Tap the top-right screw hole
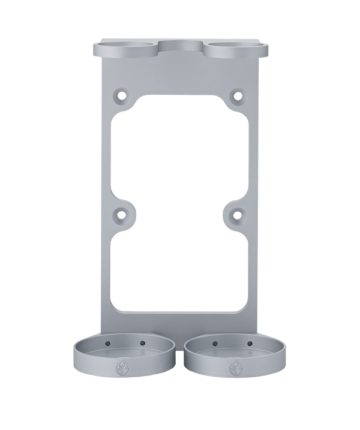(238, 95)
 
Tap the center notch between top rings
(181, 47)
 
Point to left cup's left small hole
(109, 344)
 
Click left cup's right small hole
(142, 344)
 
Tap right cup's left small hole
(215, 344)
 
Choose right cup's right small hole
(248, 344)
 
